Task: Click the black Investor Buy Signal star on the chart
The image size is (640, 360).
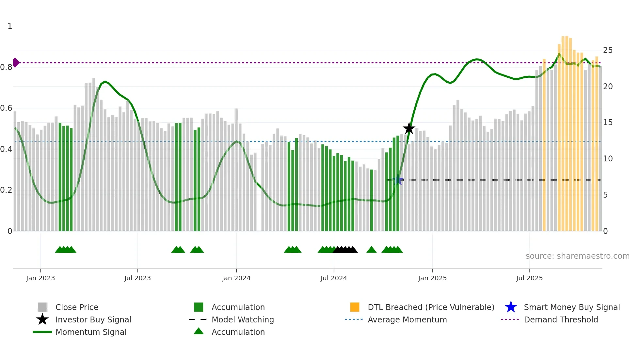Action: [x=409, y=128]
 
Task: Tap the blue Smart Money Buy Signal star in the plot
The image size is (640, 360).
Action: [x=397, y=180]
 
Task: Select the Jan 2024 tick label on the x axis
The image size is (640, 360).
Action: [x=236, y=278]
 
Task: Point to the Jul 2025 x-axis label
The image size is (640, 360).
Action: [x=529, y=278]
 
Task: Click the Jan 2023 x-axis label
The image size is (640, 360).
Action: [x=40, y=278]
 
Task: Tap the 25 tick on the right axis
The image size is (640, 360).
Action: [x=608, y=50]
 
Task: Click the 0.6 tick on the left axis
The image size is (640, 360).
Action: [x=7, y=108]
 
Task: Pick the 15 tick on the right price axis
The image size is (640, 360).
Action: [x=608, y=123]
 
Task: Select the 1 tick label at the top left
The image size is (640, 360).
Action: [x=10, y=26]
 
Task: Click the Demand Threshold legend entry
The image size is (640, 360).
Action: [x=561, y=319]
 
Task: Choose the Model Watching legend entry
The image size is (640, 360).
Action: [x=243, y=319]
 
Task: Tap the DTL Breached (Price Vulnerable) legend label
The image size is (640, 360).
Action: [x=431, y=307]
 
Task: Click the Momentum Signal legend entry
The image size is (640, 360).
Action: [x=91, y=332]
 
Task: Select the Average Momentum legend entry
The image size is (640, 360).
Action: [x=407, y=319]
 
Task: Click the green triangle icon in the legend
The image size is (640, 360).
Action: [x=199, y=331]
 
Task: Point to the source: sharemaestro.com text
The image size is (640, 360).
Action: [x=577, y=256]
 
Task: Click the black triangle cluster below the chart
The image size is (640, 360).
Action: [x=345, y=250]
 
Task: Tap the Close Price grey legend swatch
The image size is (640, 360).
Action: [x=42, y=307]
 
